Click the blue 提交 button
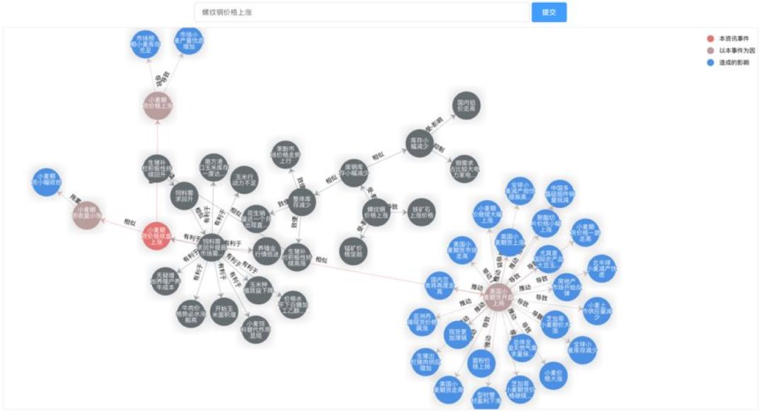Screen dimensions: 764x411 [549, 12]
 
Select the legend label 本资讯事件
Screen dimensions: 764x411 [732, 38]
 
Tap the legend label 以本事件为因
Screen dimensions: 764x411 [736, 50]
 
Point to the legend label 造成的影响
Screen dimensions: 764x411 [734, 62]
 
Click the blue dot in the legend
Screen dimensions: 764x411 [710, 62]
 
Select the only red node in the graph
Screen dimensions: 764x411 [156, 236]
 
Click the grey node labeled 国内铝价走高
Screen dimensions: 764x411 [465, 105]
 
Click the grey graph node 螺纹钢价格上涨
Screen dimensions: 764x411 [376, 213]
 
